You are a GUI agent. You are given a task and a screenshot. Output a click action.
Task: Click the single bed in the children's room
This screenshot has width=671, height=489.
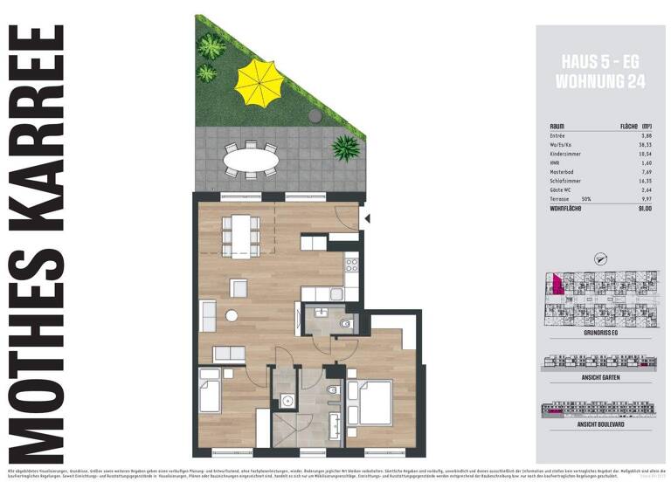click(x=210, y=391)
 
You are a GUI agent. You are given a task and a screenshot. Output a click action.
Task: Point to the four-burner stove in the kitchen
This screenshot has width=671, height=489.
click(x=351, y=263)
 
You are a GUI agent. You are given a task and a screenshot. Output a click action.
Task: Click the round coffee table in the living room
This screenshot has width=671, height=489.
click(x=232, y=316)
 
